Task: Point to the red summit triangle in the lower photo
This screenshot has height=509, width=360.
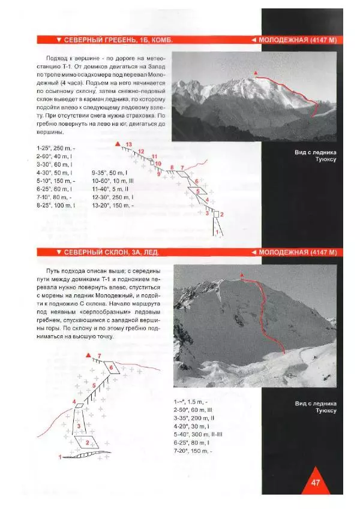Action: pyautogui.click(x=242, y=275)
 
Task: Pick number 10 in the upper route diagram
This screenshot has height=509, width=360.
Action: pyautogui.click(x=158, y=162)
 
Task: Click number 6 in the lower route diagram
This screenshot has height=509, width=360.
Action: pyautogui.click(x=112, y=366)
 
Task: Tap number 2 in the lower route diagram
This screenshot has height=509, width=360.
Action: pyautogui.click(x=88, y=442)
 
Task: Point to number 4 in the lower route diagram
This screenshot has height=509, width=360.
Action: pyautogui.click(x=74, y=402)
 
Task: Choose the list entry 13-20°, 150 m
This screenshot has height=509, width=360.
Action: pyautogui.click(x=114, y=205)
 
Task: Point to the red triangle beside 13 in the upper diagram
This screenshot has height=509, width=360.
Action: pyautogui.click(x=118, y=144)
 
